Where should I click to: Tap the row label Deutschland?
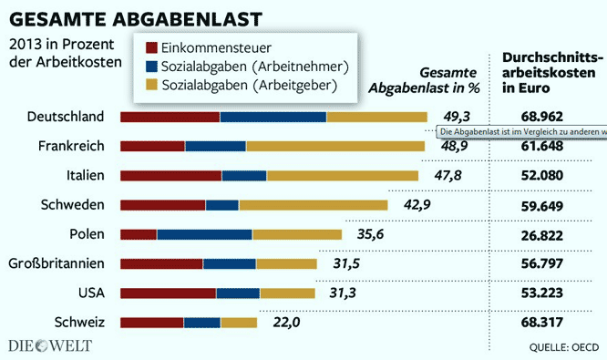(x=67, y=117)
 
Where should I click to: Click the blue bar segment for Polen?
(x=204, y=234)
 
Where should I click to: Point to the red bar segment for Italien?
(x=170, y=175)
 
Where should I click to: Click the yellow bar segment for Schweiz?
(x=239, y=323)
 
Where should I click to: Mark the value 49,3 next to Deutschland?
(x=456, y=117)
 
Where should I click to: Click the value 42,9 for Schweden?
(x=417, y=205)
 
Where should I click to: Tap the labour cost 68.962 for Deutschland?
(x=542, y=117)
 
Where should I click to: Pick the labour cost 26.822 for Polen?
(x=542, y=234)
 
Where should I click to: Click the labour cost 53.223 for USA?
(x=542, y=293)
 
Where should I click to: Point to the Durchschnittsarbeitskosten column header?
(x=544, y=73)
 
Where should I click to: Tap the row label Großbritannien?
(x=57, y=264)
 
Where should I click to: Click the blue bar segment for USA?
(x=238, y=293)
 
